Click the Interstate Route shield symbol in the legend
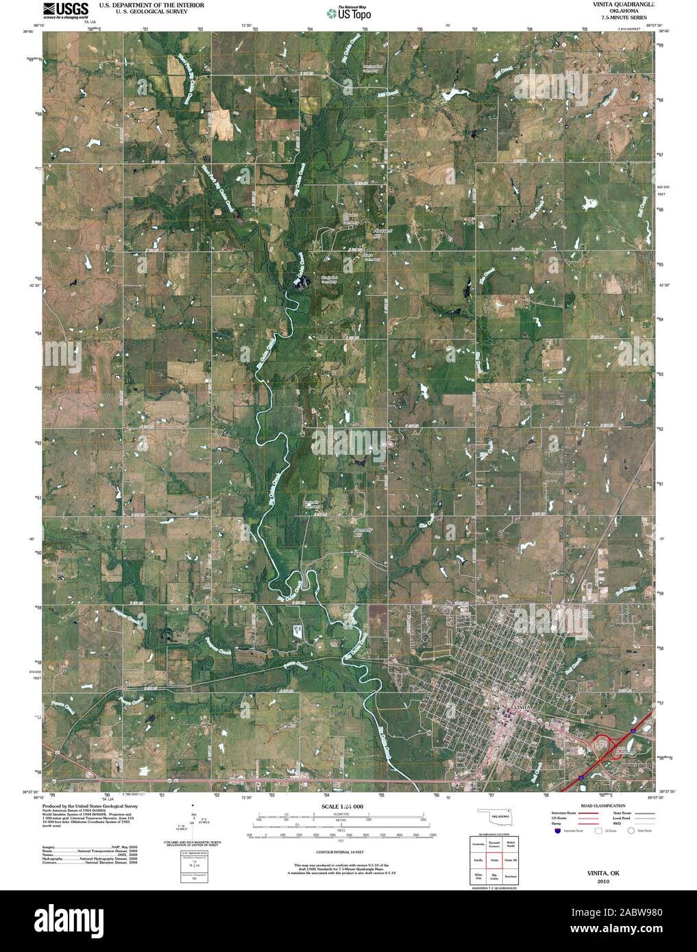click(x=557, y=831)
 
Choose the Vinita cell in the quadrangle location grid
click(x=494, y=860)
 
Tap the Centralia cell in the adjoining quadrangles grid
click(x=478, y=844)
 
